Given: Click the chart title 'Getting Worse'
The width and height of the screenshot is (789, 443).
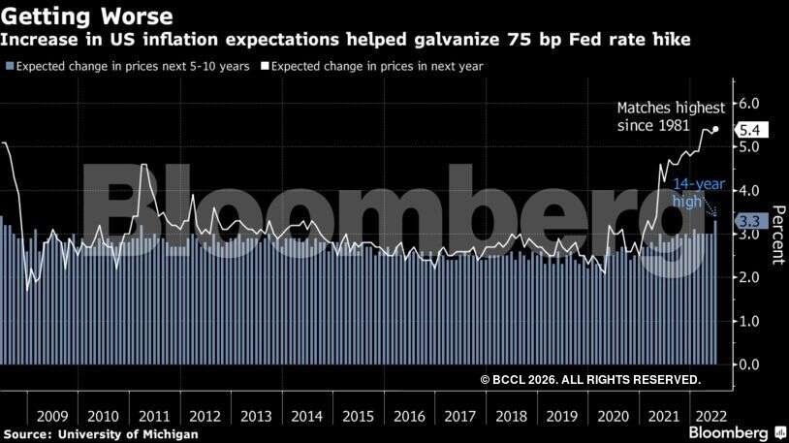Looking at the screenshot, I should pos(88,16).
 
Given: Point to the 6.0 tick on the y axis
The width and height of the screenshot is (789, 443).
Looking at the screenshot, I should pos(749,104).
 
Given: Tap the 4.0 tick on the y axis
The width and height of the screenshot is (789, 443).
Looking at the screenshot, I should pos(749,191).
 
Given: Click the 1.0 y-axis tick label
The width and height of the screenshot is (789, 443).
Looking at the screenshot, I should pos(749,321).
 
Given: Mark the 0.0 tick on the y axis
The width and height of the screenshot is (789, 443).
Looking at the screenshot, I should pos(749,364).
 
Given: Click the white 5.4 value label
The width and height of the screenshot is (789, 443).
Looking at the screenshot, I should pos(753,130).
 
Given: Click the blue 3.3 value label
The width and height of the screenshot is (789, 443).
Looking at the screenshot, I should pos(748,221).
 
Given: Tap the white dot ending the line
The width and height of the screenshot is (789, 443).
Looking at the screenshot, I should pos(715,129).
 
